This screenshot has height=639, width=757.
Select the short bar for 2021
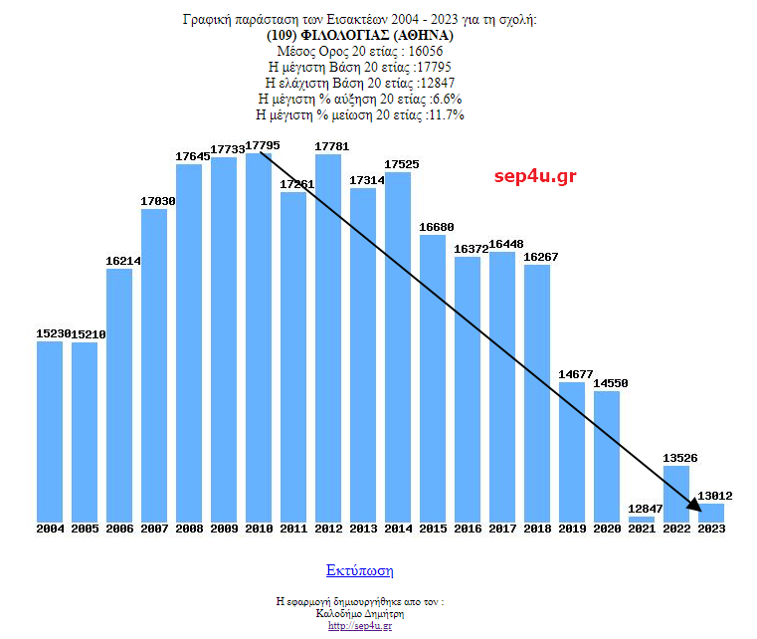(x=642, y=519)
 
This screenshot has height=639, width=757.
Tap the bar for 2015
(x=433, y=378)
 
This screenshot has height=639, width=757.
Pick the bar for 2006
(x=119, y=394)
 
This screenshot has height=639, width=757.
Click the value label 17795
(x=263, y=145)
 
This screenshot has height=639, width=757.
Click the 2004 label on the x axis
(x=50, y=529)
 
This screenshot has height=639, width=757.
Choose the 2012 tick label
(x=328, y=529)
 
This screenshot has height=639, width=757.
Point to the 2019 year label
(x=572, y=529)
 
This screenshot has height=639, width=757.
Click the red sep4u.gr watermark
(x=535, y=176)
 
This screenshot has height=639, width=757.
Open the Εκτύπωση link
(x=359, y=570)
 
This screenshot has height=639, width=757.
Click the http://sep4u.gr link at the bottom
(x=359, y=625)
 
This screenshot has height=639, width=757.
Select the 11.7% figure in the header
(x=445, y=114)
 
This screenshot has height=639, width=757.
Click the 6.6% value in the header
(x=446, y=99)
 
